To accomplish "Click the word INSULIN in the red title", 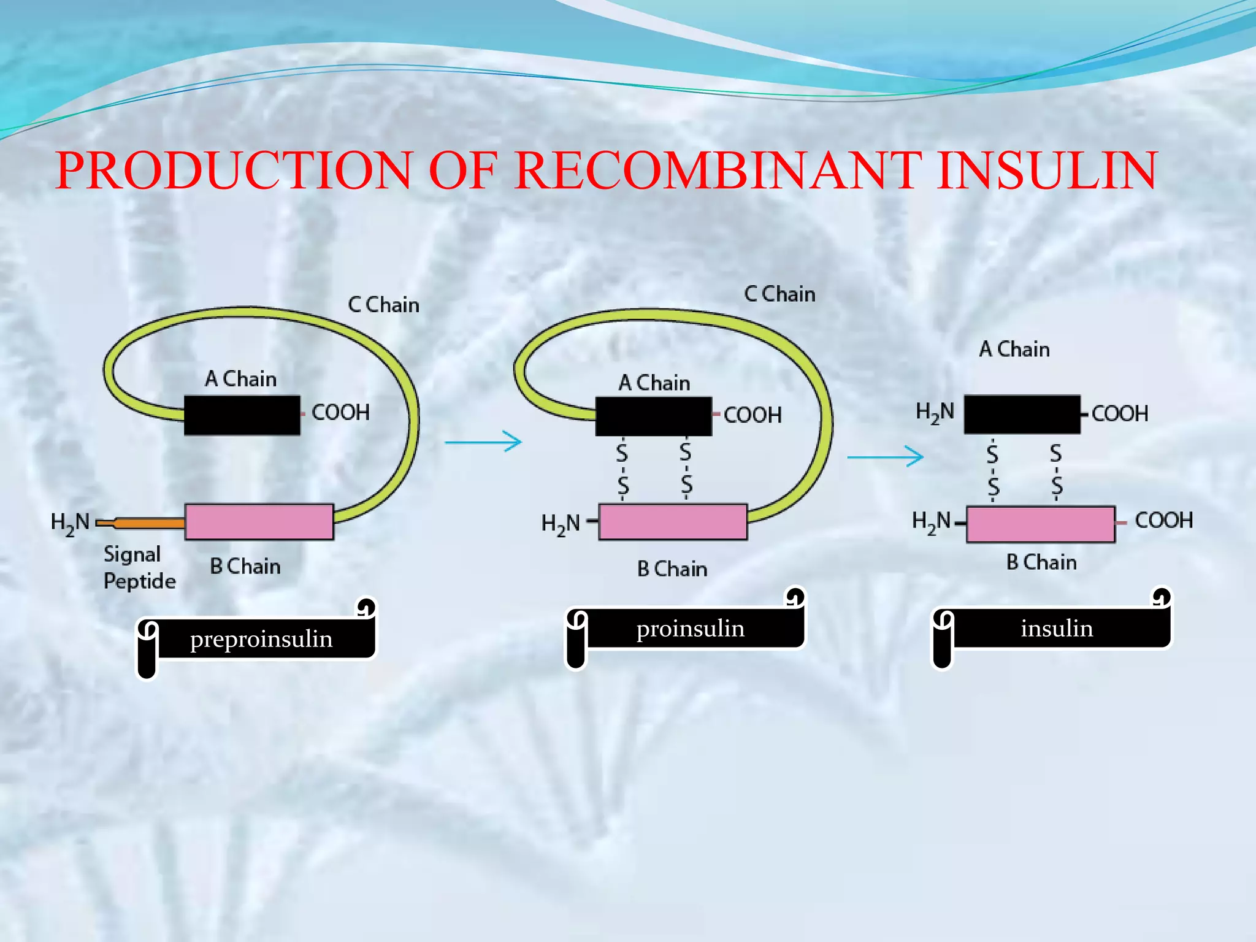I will click(x=1047, y=170).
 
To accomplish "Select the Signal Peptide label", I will click(x=139, y=567).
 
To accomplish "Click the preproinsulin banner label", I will click(x=261, y=639).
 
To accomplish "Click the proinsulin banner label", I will click(x=691, y=629).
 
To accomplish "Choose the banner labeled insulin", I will click(x=1057, y=629).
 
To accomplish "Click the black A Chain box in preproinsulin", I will click(x=242, y=415).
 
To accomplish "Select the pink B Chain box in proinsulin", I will click(x=673, y=522).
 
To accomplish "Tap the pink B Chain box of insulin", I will click(x=1040, y=524).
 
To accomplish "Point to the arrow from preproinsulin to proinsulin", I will click(x=483, y=442).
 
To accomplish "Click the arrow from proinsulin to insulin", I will click(x=885, y=456).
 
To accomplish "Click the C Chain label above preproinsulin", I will click(x=384, y=305).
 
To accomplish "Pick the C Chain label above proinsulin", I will click(x=779, y=294).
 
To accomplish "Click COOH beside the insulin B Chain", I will click(x=1163, y=521).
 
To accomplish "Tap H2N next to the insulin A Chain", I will click(x=935, y=412).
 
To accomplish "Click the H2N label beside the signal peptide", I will click(x=70, y=523).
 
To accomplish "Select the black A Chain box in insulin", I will click(x=1022, y=414).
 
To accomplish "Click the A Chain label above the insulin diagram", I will click(x=1014, y=349).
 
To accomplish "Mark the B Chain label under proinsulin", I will click(x=672, y=569).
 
